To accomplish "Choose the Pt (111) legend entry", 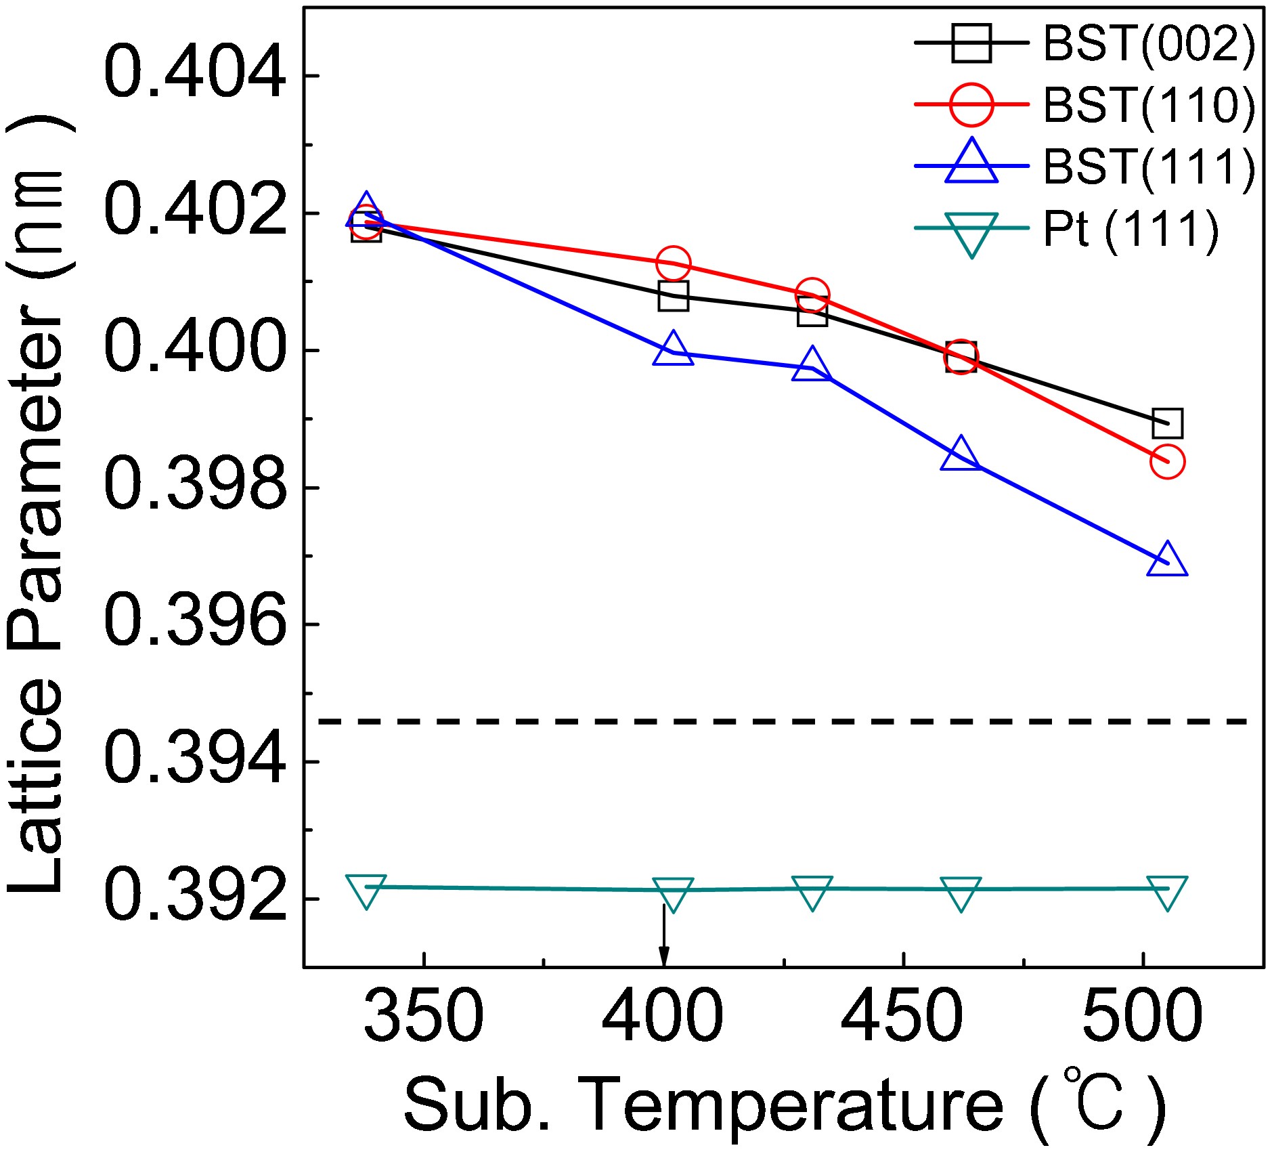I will [1131, 229].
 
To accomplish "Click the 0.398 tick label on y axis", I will [195, 486].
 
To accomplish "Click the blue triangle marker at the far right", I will [1167, 561].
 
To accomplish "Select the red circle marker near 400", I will [673, 263].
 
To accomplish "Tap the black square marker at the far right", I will [1168, 423].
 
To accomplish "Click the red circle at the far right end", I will [1167, 462].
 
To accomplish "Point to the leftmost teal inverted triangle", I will [366, 889].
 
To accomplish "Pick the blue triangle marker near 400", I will [673, 350].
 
